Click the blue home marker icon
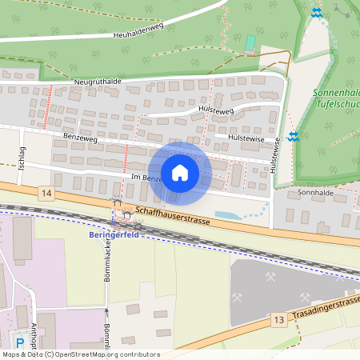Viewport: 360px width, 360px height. click(180, 172)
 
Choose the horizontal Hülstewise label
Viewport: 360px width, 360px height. click(246, 138)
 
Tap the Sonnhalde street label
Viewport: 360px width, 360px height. click(314, 193)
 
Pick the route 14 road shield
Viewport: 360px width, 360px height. click(46, 193)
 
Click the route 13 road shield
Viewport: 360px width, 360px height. click(278, 319)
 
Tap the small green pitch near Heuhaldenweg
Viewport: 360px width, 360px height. click(251, 42)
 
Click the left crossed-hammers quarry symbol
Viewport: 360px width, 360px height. click(238, 297)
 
